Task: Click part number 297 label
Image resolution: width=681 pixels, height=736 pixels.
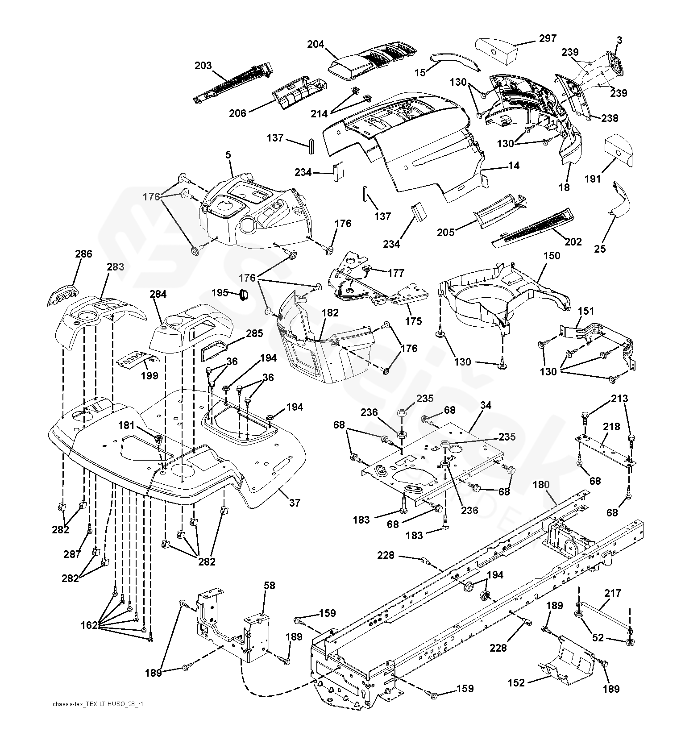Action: point(548,38)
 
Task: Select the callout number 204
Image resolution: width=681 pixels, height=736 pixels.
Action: point(316,44)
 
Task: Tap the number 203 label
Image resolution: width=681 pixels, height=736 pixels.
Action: point(203,66)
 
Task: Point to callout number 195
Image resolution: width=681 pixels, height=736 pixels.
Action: point(220,292)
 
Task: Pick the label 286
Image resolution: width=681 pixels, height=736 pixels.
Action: point(83,254)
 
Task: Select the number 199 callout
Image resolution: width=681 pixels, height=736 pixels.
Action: point(149,375)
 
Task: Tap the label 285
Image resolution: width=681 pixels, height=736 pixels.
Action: point(254,333)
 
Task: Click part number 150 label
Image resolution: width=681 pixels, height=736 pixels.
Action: point(552,256)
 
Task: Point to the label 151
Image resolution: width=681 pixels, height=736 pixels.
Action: point(586,311)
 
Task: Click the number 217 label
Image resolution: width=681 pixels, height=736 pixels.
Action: point(613,593)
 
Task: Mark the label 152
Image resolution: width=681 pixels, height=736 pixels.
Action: point(517,683)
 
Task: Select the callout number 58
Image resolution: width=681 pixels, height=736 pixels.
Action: point(270,585)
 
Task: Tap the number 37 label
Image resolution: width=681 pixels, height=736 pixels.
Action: point(295,503)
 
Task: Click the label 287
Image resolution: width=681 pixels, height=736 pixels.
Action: point(72,554)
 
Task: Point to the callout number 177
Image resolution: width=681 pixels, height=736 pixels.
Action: point(396,273)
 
